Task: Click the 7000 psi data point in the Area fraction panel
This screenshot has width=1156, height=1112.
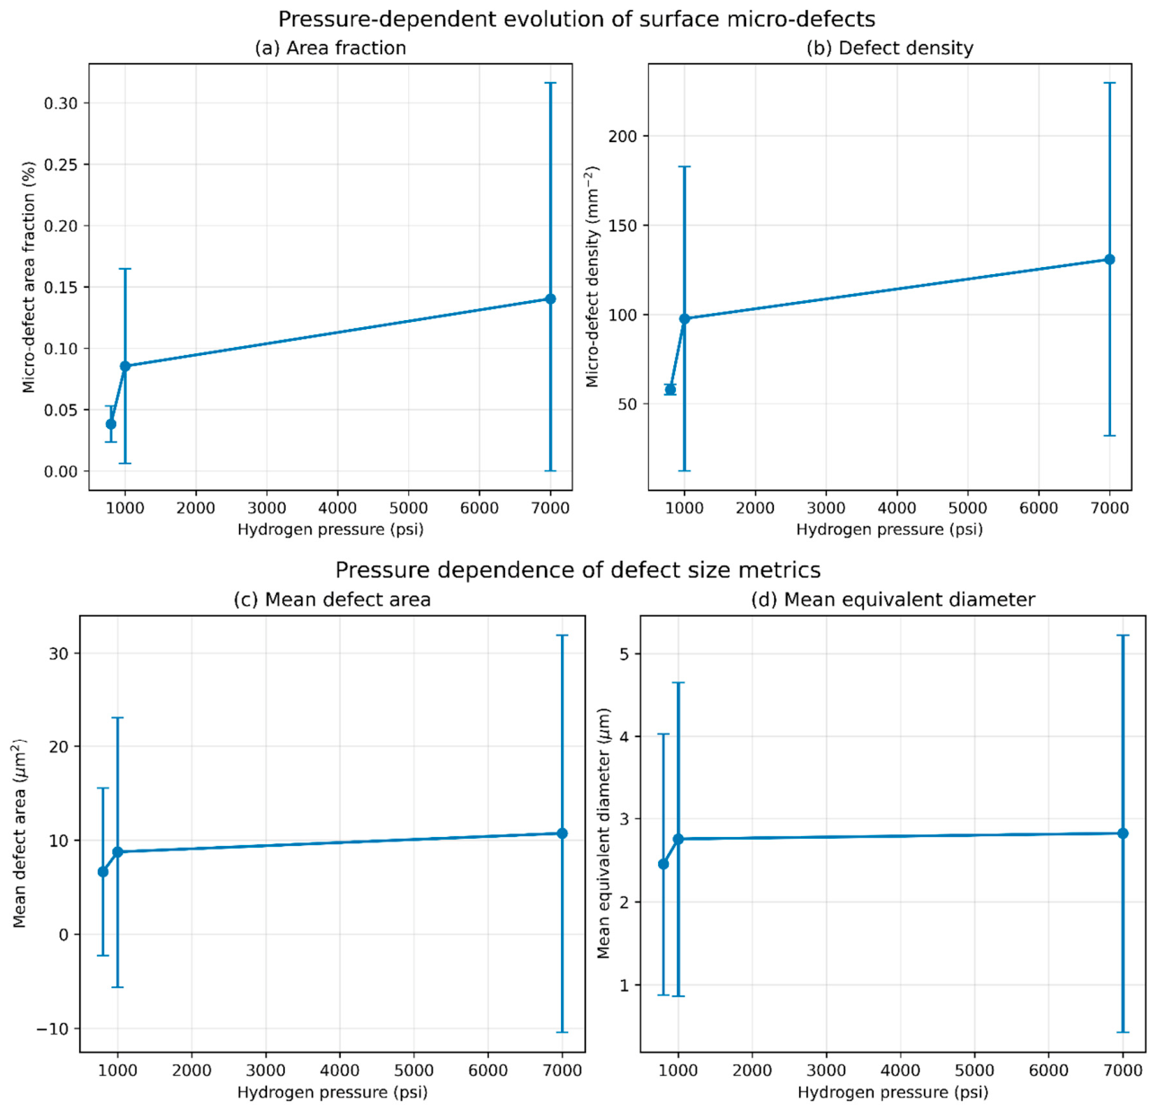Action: (x=550, y=298)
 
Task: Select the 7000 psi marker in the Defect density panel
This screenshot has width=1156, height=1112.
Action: (x=1109, y=260)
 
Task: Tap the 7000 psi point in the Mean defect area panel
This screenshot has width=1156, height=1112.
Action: (x=562, y=833)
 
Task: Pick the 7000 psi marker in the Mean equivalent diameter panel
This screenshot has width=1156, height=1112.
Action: (x=1123, y=833)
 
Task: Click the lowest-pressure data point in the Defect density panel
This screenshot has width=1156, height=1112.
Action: (x=670, y=389)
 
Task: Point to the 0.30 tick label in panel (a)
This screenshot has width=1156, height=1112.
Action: (x=61, y=103)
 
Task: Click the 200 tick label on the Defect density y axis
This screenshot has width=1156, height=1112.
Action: (x=623, y=136)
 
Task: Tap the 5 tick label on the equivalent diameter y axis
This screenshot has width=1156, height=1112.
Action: (x=626, y=654)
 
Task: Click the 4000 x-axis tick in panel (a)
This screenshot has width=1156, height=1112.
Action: (x=337, y=508)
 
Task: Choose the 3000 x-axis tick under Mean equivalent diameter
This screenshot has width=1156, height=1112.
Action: (x=826, y=1071)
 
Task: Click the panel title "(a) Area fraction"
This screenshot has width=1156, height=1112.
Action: (x=330, y=49)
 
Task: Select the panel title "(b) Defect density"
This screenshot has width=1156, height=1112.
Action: (x=889, y=49)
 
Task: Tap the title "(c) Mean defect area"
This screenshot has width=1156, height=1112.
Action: (x=332, y=600)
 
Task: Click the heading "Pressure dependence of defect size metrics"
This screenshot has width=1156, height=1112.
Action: (x=578, y=570)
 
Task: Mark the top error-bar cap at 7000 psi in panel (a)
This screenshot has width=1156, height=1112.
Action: (x=550, y=84)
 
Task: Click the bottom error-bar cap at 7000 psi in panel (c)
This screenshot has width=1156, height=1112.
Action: (x=562, y=1032)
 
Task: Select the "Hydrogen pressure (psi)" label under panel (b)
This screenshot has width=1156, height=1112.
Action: (x=889, y=529)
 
